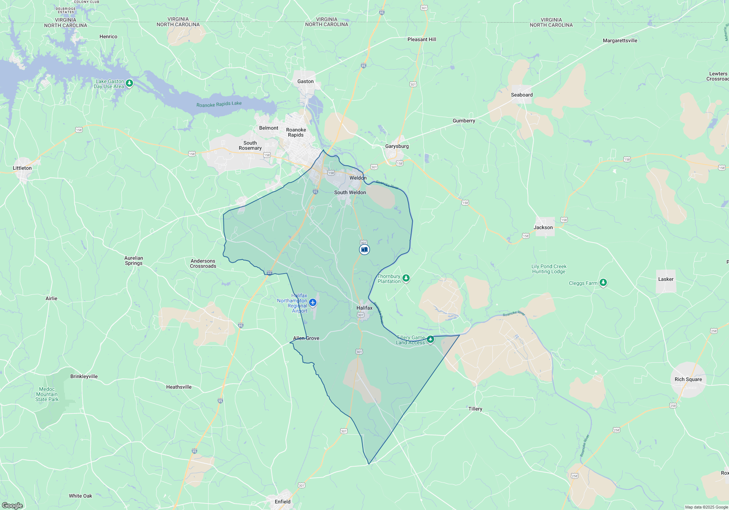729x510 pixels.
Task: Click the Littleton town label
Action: (22, 168)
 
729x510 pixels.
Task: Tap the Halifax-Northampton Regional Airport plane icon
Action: (312, 302)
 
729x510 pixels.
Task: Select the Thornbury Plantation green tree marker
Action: (406, 278)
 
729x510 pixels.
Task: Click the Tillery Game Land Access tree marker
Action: (430, 340)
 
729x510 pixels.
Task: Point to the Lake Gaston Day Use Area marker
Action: (129, 83)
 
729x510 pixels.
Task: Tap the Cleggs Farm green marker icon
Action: (603, 282)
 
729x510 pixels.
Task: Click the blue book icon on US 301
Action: (364, 250)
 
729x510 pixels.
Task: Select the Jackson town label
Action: (543, 227)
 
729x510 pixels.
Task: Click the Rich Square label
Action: (688, 379)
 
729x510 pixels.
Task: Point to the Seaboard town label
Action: (522, 95)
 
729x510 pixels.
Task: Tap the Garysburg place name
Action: (397, 146)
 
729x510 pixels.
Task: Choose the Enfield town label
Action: (282, 502)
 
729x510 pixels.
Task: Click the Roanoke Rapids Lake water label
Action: (219, 104)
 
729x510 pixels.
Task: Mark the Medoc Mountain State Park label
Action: (47, 394)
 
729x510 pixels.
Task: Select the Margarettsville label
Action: (620, 40)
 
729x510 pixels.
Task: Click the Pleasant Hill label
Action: (422, 39)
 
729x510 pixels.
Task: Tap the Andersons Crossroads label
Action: (203, 263)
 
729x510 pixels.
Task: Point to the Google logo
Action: (12, 505)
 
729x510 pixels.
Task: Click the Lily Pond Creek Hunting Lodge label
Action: (549, 269)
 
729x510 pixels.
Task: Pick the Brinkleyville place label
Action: (84, 376)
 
